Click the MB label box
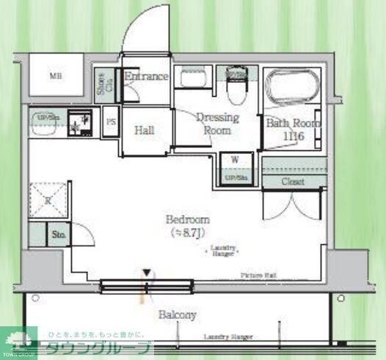(x=55, y=76)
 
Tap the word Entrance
(x=146, y=76)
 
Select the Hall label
(x=145, y=131)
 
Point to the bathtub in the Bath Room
(x=291, y=87)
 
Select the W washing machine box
(x=235, y=160)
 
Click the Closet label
(x=294, y=181)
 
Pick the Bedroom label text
(x=188, y=219)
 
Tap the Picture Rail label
(x=258, y=275)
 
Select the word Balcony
(x=178, y=315)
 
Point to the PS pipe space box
(x=111, y=122)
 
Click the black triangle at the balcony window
(x=148, y=273)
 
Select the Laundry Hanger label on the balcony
(x=227, y=338)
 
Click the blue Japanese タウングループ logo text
(x=99, y=349)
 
